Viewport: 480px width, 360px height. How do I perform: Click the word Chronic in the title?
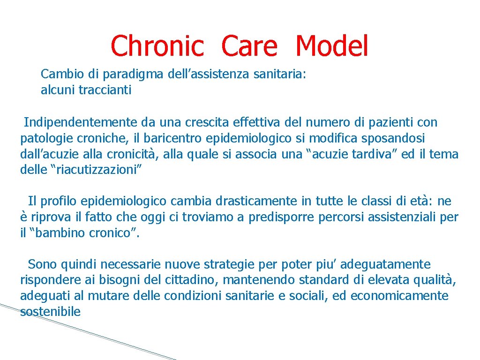[x=157, y=46]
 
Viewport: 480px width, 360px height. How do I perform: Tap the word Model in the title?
[x=332, y=46]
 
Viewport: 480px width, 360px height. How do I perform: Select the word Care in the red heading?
[x=249, y=46]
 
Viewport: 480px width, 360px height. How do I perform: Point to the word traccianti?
[x=105, y=90]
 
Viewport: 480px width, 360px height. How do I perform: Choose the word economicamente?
[x=399, y=296]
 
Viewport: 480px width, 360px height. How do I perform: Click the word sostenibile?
[x=50, y=312]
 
